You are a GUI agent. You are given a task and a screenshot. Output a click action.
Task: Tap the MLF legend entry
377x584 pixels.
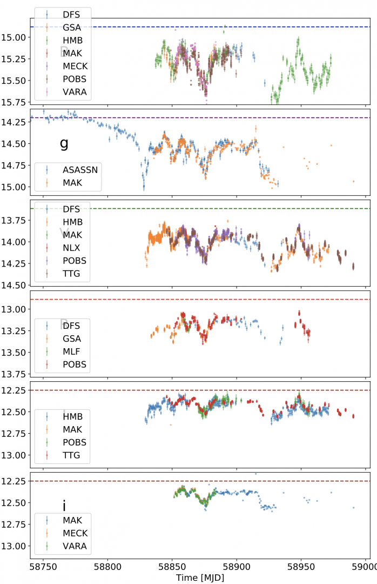click(72, 351)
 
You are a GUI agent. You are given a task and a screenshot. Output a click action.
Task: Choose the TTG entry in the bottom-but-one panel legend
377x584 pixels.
click(71, 455)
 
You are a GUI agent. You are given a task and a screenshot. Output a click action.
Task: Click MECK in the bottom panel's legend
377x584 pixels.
click(75, 533)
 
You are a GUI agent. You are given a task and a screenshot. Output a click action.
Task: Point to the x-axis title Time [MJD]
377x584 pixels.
click(200, 578)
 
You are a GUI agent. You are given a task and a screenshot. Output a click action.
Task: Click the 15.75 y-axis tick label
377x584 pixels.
click(15, 102)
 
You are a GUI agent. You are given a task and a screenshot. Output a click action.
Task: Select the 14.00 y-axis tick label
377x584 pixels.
click(15, 242)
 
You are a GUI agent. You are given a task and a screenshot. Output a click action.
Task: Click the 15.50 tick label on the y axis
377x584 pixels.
click(15, 80)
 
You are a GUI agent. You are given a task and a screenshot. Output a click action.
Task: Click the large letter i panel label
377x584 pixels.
click(64, 506)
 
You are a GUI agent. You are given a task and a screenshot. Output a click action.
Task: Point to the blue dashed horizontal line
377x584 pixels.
click(216, 26)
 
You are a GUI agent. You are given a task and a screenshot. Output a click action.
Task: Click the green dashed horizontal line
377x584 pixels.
click(216, 209)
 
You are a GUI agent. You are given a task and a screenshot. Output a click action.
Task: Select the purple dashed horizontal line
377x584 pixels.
click(216, 117)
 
